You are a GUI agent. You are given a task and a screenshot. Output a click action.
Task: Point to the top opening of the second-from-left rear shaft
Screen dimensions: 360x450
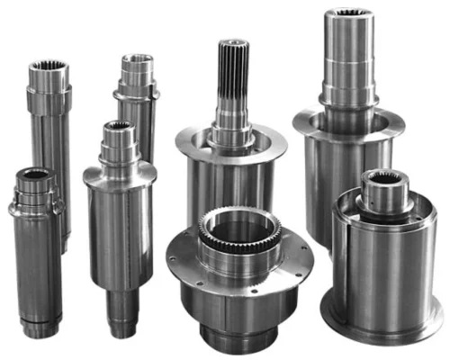(x=138, y=59)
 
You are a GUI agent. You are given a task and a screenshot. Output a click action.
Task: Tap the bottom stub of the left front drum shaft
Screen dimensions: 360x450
(x=121, y=310)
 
